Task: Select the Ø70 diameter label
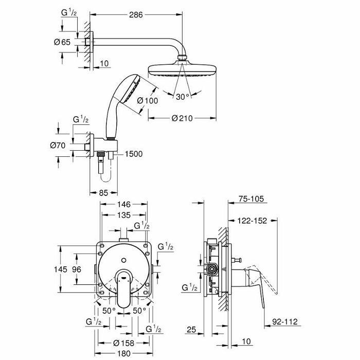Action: (x=59, y=146)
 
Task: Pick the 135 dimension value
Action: (x=123, y=216)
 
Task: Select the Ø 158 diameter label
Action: (x=123, y=343)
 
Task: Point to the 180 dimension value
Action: (x=123, y=354)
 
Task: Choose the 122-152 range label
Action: (x=252, y=221)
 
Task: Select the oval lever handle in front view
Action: (x=123, y=291)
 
